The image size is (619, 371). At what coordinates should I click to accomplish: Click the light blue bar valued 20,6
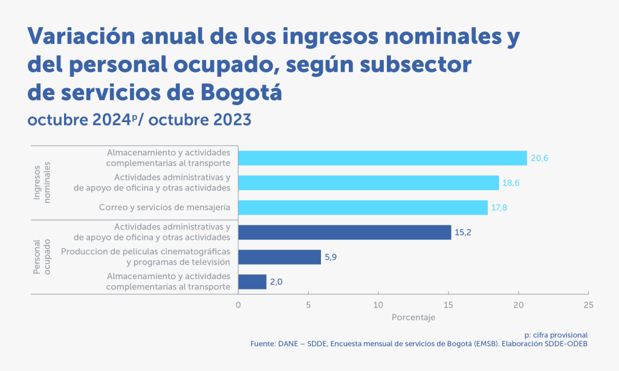click(382, 158)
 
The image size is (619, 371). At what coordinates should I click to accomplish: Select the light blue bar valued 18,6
click(368, 183)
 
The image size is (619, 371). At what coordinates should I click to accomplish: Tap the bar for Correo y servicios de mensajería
click(363, 208)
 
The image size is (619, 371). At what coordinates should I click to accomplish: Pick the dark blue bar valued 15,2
click(345, 233)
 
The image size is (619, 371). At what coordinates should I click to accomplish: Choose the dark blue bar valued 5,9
click(279, 257)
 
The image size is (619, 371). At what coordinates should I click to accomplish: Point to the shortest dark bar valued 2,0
click(252, 282)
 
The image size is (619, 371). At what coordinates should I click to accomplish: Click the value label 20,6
click(539, 158)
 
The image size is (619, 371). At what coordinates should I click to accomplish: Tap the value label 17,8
click(499, 208)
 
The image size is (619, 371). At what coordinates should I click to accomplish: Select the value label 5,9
click(331, 257)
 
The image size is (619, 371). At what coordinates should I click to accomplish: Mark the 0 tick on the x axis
click(238, 305)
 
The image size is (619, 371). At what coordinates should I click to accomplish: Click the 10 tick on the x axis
click(378, 305)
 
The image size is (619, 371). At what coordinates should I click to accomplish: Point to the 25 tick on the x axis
click(588, 305)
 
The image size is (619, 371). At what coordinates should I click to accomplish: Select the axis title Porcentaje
click(413, 317)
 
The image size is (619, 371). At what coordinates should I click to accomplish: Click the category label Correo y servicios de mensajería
click(164, 208)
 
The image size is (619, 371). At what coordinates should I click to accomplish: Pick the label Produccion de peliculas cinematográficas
click(145, 252)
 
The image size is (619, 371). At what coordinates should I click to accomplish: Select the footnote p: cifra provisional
click(556, 335)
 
